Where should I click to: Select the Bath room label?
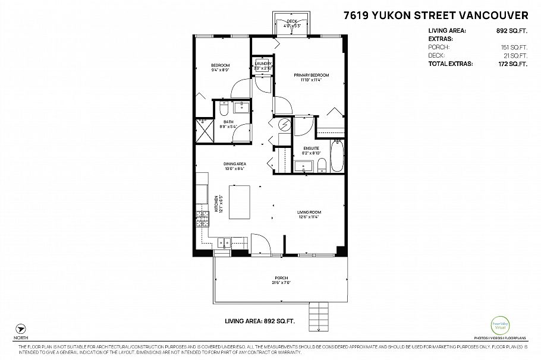click(228, 124)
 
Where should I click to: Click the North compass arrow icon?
click(22, 329)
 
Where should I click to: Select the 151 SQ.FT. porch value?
click(514, 47)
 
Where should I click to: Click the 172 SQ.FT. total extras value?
click(513, 63)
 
